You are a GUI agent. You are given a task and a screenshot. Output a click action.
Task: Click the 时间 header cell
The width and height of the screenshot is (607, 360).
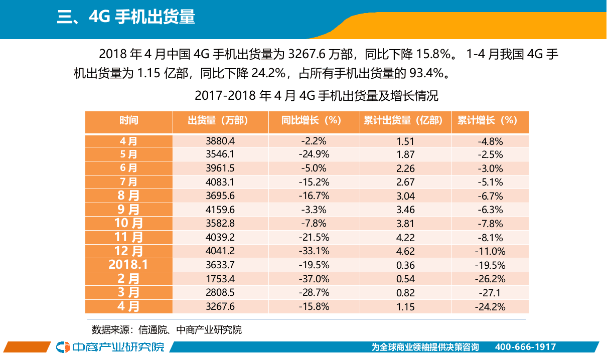[128, 121]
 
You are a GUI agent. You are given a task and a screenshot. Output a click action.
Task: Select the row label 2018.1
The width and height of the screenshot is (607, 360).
[128, 265]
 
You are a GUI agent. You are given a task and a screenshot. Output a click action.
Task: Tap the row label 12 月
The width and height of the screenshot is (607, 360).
[128, 251]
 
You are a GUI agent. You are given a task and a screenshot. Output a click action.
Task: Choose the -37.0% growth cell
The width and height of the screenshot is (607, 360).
[314, 279]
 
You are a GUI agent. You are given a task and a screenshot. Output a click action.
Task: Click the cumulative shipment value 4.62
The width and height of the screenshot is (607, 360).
[405, 251]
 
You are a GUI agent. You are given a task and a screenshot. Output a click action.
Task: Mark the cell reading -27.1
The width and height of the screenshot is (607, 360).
[490, 293]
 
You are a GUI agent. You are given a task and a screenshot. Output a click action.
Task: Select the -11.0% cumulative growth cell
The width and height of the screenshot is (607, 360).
[490, 251]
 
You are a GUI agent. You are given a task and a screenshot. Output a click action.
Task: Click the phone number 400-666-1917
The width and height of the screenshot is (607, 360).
[525, 347]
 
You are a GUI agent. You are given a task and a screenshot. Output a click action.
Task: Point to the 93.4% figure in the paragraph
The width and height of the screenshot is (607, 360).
[427, 74]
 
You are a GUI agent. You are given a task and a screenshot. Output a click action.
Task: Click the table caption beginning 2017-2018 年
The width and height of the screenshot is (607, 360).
[316, 95]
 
